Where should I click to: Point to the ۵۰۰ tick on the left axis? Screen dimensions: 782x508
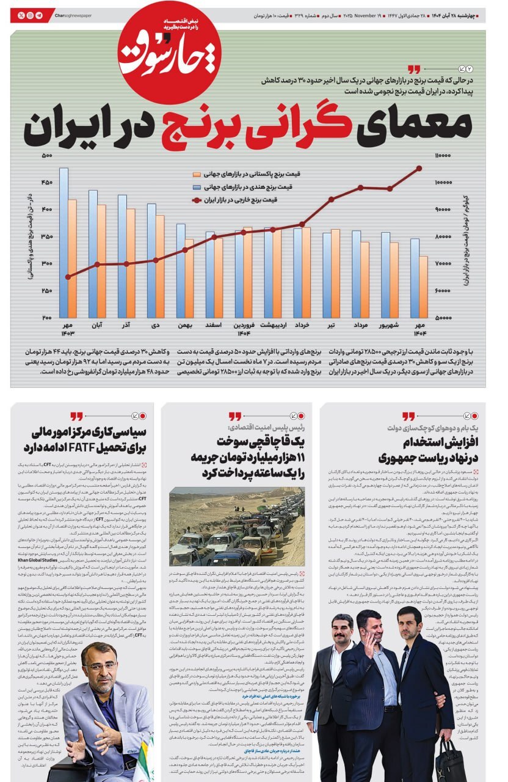(47, 156)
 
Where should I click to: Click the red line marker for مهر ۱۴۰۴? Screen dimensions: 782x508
(419, 168)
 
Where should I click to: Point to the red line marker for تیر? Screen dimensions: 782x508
(332, 199)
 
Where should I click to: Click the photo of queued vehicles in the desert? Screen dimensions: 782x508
(236, 526)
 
